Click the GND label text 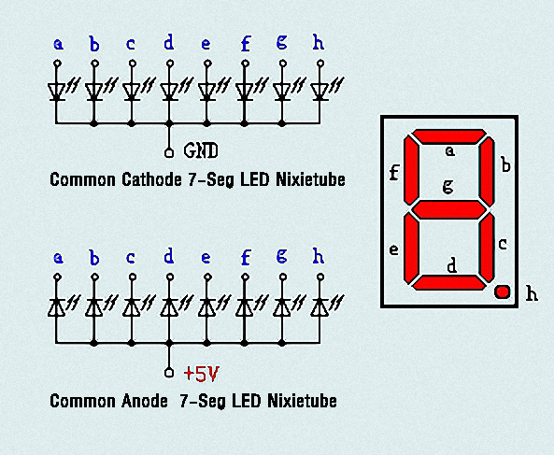201,150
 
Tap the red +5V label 202,374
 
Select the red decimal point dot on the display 502,291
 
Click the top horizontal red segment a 449,136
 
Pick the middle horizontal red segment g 449,209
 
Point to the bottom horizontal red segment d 449,282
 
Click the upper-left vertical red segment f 411,170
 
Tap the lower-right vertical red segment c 488,248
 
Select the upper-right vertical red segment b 488,172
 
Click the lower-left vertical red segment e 411,249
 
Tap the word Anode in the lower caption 145,401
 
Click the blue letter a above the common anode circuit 58,258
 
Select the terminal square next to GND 169,153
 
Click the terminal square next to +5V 169,373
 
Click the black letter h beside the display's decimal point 532,293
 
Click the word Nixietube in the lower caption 302,401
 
